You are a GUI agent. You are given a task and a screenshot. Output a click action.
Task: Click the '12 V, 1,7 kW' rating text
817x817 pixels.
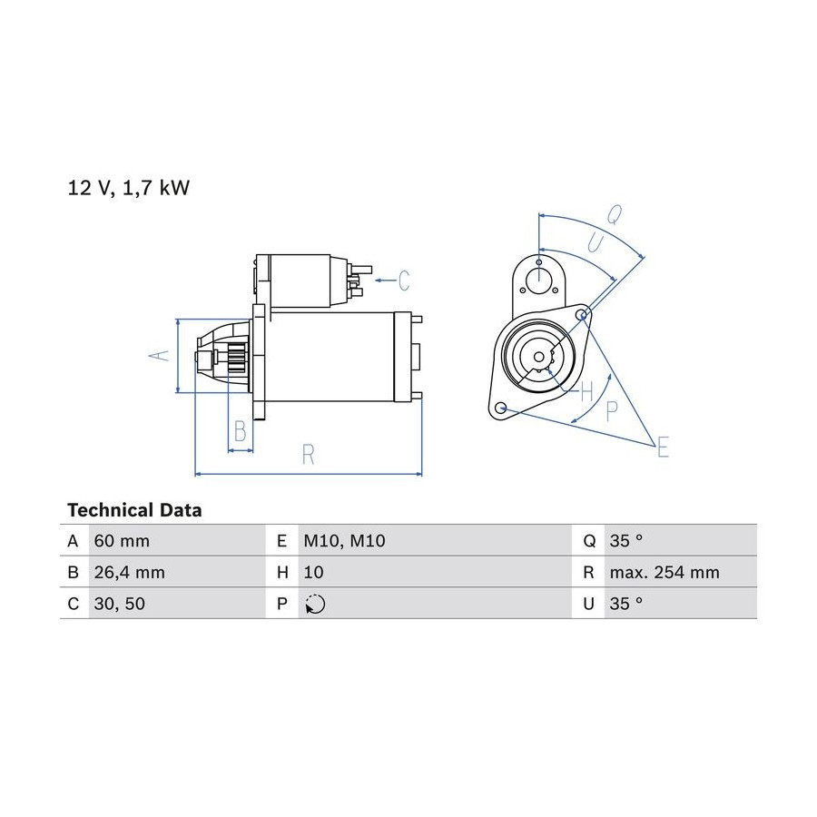point(128,188)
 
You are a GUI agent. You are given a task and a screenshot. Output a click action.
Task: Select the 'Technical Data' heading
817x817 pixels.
point(134,509)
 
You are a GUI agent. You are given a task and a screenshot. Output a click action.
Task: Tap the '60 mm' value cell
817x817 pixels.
point(122,541)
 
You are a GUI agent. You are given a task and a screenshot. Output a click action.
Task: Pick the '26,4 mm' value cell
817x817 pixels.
point(129,572)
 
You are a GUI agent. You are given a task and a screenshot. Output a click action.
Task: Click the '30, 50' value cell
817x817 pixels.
point(119,604)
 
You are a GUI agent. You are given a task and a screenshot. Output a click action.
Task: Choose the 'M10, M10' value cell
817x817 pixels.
point(344,541)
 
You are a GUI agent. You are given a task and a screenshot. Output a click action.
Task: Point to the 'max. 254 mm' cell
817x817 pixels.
point(664,572)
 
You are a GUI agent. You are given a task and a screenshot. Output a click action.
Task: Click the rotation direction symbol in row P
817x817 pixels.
point(315,604)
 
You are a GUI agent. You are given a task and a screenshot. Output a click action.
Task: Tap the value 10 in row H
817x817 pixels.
point(314,572)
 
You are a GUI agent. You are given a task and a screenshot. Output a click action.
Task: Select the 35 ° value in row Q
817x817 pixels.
point(625,541)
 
